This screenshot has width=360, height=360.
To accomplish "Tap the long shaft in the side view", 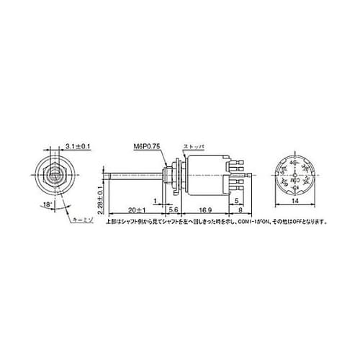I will pyautogui.click(x=133, y=176).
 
